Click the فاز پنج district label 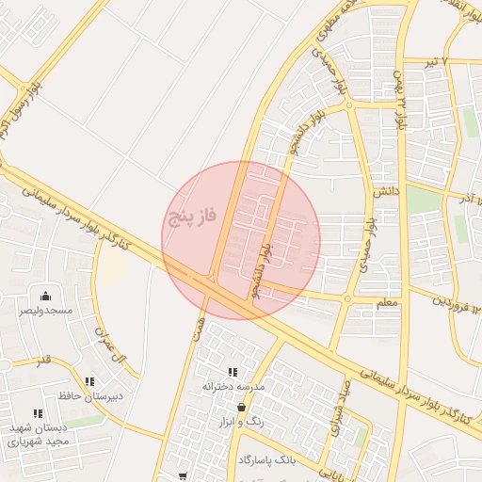(x=192, y=217)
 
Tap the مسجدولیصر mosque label (x=44, y=310)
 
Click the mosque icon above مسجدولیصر (x=44, y=296)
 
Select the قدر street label (x=43, y=361)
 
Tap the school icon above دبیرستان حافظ (x=89, y=381)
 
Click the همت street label (x=198, y=329)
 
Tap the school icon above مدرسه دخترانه (x=233, y=373)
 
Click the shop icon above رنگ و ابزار (x=242, y=408)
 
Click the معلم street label (x=387, y=302)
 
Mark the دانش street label (x=387, y=191)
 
